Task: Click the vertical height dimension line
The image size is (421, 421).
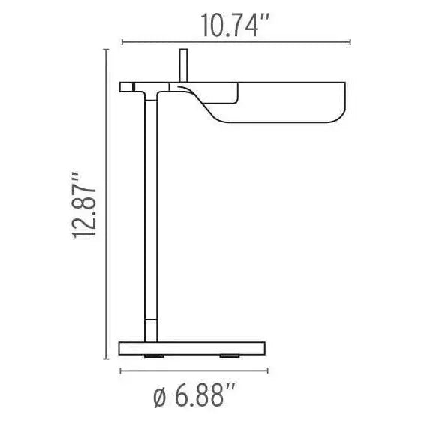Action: point(103,203)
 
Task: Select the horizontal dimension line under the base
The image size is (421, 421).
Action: point(193,370)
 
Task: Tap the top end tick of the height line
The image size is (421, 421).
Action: point(103,50)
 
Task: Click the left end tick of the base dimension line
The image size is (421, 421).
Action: point(120,370)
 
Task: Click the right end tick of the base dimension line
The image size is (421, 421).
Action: point(266,370)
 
